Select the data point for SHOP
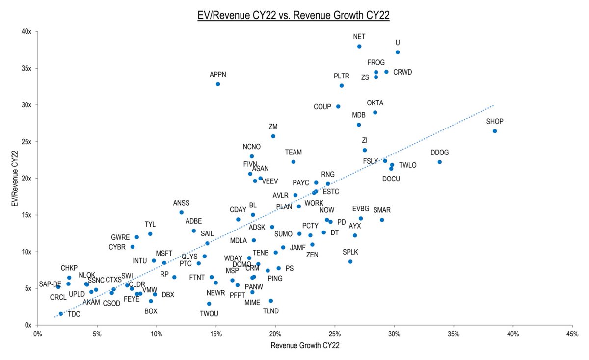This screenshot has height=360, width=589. [495, 131]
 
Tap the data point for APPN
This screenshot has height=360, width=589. [218, 84]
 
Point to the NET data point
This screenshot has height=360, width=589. [359, 47]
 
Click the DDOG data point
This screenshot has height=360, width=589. [439, 162]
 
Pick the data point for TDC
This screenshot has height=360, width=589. [61, 314]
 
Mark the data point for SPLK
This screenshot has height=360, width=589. [350, 261]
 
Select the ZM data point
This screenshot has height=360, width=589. [273, 136]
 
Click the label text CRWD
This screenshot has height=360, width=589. [402, 72]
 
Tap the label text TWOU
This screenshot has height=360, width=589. [209, 313]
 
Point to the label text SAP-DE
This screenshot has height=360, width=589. [50, 284]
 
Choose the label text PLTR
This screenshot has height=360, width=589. [342, 76]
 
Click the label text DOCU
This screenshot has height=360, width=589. [391, 179]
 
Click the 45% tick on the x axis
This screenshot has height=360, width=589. [572, 334]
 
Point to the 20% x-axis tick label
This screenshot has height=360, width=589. [275, 334]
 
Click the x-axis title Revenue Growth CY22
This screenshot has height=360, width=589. [305, 345]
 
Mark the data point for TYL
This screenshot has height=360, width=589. [150, 234]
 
